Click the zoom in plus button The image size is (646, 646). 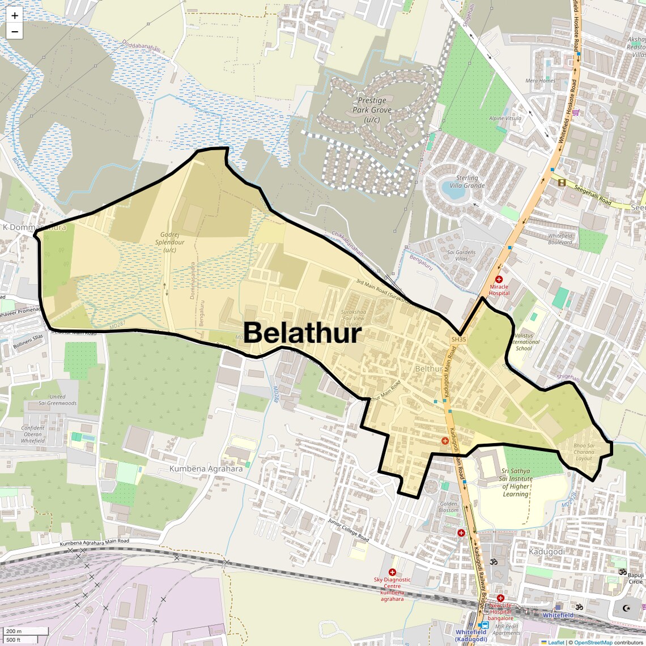pyautogui.click(x=15, y=16)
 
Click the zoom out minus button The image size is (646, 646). pyautogui.click(x=15, y=32)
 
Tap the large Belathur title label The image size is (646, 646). pyautogui.click(x=303, y=333)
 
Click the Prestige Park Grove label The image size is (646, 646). pyautogui.click(x=372, y=110)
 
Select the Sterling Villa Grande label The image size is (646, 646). pyautogui.click(x=467, y=181)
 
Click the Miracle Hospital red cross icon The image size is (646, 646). pyautogui.click(x=499, y=279)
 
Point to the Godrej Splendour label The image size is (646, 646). pyautogui.click(x=173, y=242)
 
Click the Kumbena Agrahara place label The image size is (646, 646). pyautogui.click(x=206, y=469)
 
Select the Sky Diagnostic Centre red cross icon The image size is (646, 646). pyautogui.click(x=392, y=572)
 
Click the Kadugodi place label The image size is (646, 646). pyautogui.click(x=546, y=551)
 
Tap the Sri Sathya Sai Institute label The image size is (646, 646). pyautogui.click(x=516, y=482)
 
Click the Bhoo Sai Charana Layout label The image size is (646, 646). pyautogui.click(x=584, y=452)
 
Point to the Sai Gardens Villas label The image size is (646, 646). pyautogui.click(x=461, y=256)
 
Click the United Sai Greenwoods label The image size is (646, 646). pyautogui.click(x=57, y=400)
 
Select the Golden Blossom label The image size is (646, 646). pyautogui.click(x=449, y=507)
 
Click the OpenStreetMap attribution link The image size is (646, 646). pyautogui.click(x=593, y=642)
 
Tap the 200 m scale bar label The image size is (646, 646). pyautogui.click(x=14, y=631)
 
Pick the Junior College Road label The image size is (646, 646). pyautogui.click(x=348, y=530)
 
